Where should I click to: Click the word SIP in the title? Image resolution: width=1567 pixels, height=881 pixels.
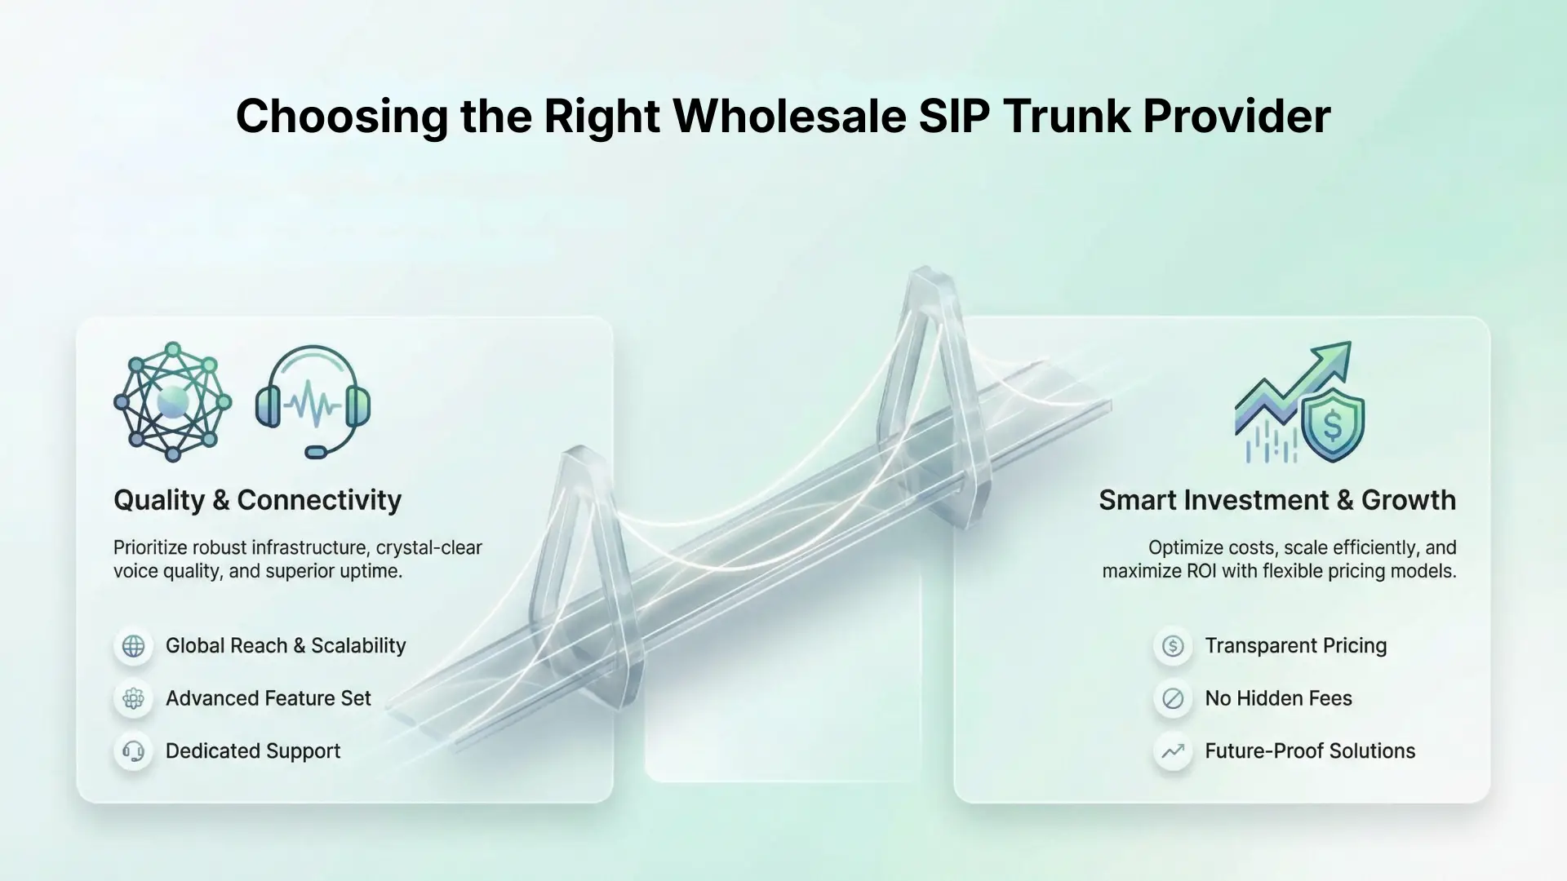click(954, 116)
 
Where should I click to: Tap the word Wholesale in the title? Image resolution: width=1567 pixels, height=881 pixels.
click(789, 116)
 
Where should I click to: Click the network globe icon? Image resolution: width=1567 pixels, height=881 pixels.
click(172, 401)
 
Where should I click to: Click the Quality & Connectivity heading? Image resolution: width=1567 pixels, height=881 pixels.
click(257, 500)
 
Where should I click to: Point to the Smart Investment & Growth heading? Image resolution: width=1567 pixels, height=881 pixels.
click(1277, 500)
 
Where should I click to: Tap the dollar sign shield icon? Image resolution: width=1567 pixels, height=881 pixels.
click(1332, 424)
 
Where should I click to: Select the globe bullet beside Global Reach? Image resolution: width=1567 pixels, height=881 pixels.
click(134, 646)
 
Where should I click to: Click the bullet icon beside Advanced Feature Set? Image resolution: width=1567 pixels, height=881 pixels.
click(134, 698)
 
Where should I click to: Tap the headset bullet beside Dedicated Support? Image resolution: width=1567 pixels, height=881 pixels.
click(134, 751)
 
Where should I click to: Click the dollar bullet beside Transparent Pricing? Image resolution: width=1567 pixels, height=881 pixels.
click(1173, 646)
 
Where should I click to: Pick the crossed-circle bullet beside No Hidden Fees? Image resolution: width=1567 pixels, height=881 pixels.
click(1173, 698)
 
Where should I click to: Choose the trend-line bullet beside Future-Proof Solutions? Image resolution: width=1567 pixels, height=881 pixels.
click(1173, 751)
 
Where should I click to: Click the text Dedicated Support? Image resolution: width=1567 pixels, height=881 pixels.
click(253, 751)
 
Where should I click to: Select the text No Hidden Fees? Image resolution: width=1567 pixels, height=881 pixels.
click(1278, 698)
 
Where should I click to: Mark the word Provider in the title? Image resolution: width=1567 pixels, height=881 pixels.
click(1236, 116)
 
